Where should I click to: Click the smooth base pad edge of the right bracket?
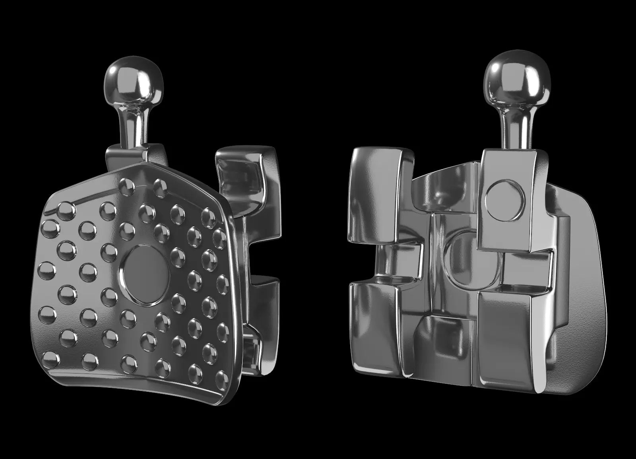584,278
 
